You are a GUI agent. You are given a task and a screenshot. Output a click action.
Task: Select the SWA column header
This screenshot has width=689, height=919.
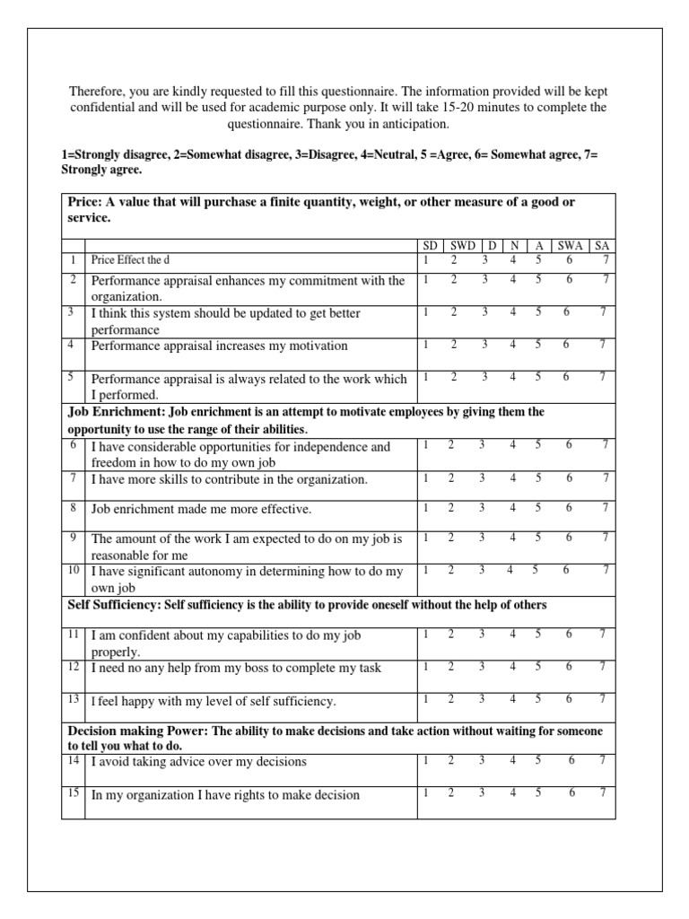pos(567,245)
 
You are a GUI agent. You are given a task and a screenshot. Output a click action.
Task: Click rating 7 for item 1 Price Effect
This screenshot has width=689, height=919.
pos(606,259)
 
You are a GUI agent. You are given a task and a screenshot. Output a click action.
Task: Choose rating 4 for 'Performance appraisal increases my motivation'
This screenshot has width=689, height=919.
pos(512,344)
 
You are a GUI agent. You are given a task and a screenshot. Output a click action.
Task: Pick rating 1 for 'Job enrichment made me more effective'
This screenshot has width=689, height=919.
pos(425,507)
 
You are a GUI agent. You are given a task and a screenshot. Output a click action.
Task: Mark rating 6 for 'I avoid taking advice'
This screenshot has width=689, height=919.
pos(571,760)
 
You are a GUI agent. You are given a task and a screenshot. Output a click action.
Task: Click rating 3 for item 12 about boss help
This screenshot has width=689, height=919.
pos(482,666)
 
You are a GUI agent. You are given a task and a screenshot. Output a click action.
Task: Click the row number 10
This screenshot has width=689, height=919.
pos(73,570)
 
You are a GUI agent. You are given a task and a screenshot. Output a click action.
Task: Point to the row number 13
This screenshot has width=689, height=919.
pos(73,698)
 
